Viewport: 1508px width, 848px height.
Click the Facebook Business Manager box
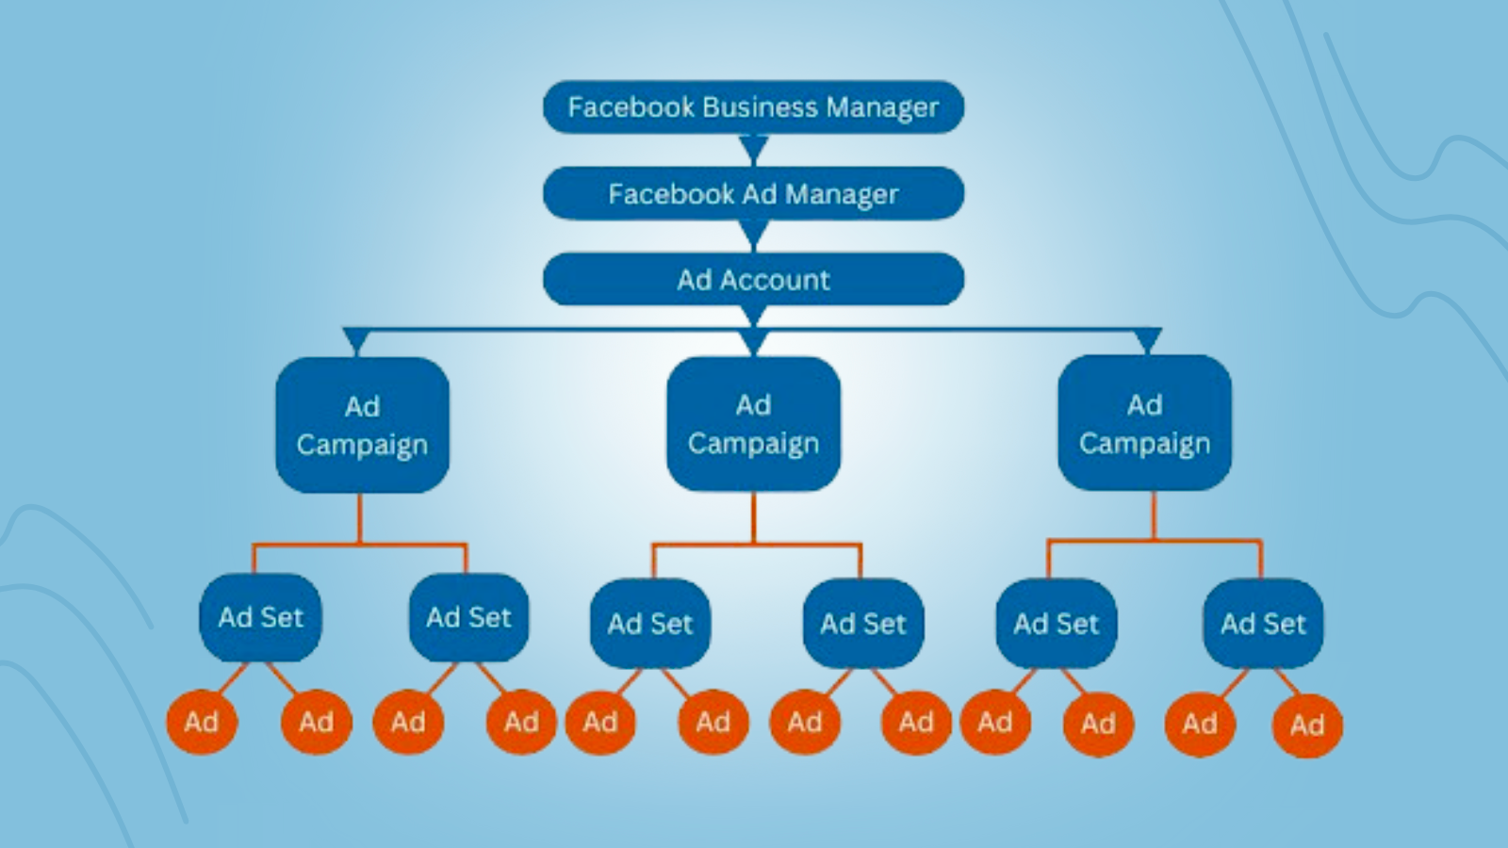pyautogui.click(x=753, y=107)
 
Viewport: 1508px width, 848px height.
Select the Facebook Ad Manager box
pyautogui.click(x=753, y=194)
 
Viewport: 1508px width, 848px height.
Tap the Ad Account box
pyautogui.click(x=753, y=279)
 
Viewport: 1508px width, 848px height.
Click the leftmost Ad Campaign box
pyautogui.click(x=362, y=425)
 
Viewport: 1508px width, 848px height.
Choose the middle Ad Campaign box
pyautogui.click(x=753, y=424)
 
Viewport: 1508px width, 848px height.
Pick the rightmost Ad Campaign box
pyautogui.click(x=1144, y=423)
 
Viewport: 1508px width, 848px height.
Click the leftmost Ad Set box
pyautogui.click(x=260, y=618)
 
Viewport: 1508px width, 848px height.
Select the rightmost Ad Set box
pyautogui.click(x=1263, y=623)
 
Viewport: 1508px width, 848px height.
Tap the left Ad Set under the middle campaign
pyautogui.click(x=650, y=623)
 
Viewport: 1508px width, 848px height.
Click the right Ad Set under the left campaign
pyautogui.click(x=469, y=618)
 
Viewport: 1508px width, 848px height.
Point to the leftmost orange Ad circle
pyautogui.click(x=202, y=722)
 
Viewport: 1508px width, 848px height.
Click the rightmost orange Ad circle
pyautogui.click(x=1307, y=726)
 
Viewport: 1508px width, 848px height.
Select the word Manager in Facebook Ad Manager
pyautogui.click(x=842, y=194)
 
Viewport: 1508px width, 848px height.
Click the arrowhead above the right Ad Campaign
pyautogui.click(x=1148, y=340)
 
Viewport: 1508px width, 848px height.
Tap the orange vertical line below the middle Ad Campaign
pyautogui.click(x=753, y=517)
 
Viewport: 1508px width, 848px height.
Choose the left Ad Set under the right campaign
pyautogui.click(x=1057, y=623)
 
